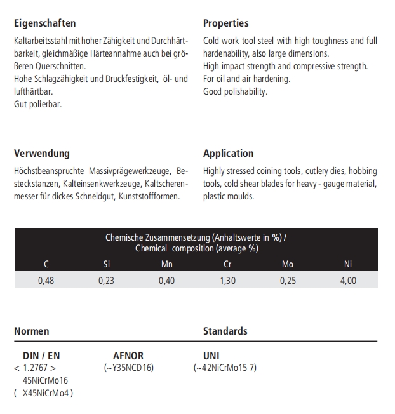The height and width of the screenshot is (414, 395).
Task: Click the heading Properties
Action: click(225, 23)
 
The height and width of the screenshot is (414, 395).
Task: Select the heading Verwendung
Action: click(42, 153)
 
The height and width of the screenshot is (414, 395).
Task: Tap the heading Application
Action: click(228, 153)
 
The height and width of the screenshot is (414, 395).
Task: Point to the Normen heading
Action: click(31, 331)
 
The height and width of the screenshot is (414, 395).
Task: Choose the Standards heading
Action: click(225, 331)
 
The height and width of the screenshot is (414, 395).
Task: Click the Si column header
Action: click(106, 264)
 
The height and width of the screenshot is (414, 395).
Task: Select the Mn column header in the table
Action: click(166, 264)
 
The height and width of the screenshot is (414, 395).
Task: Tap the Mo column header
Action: click(287, 264)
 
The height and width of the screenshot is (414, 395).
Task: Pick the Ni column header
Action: click(348, 264)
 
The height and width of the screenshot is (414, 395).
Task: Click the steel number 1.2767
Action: click(35, 368)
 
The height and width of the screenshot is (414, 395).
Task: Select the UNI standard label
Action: click(211, 356)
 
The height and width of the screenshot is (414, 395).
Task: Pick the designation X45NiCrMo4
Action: click(47, 392)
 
